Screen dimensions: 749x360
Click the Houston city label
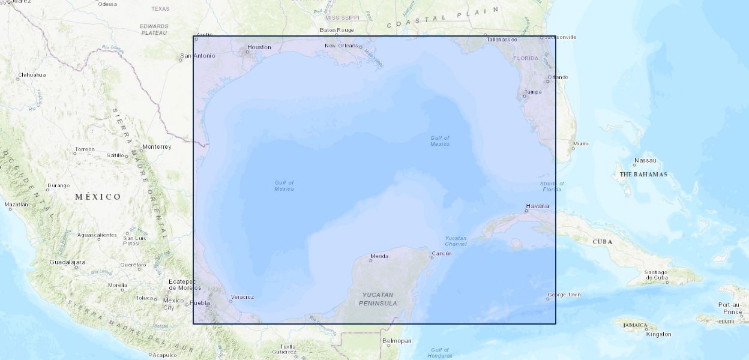click(259, 47)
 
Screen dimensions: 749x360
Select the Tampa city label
click(532, 92)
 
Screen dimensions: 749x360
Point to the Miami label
click(580, 143)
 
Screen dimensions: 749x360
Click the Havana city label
click(537, 206)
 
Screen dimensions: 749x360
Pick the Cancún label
click(442, 253)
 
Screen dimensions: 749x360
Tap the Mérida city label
click(379, 256)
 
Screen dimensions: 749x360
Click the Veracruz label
click(242, 297)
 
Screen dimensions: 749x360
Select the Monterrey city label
click(157, 146)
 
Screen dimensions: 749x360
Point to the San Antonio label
click(197, 56)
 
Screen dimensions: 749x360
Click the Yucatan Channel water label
click(456, 241)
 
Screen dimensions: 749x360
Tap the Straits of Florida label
click(552, 186)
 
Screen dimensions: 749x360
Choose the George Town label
click(564, 295)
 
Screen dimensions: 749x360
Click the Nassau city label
click(645, 160)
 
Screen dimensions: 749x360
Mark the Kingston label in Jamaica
click(658, 334)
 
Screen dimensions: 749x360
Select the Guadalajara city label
click(67, 262)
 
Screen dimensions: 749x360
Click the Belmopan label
click(397, 341)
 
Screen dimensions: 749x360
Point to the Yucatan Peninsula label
click(378, 299)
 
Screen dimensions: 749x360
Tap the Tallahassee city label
click(502, 39)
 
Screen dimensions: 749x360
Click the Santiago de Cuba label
click(656, 275)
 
